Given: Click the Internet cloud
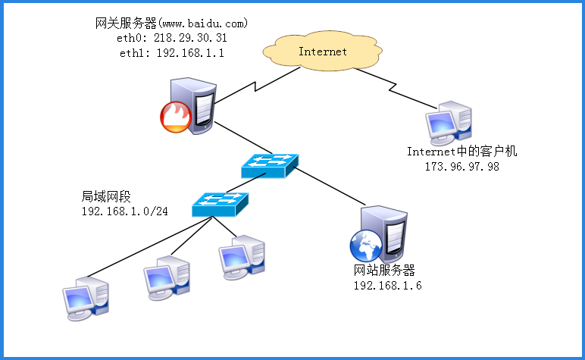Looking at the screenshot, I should (323, 52).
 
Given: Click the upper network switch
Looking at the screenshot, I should (270, 164).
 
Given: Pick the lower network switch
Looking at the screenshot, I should (220, 203).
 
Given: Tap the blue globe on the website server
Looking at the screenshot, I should (364, 246).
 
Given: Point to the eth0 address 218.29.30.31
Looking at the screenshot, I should (189, 37).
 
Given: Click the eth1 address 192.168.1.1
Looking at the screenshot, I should (190, 53).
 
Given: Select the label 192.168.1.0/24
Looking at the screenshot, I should (124, 210).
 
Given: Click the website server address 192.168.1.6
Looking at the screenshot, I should (386, 285).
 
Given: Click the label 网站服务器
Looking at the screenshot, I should (385, 270).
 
